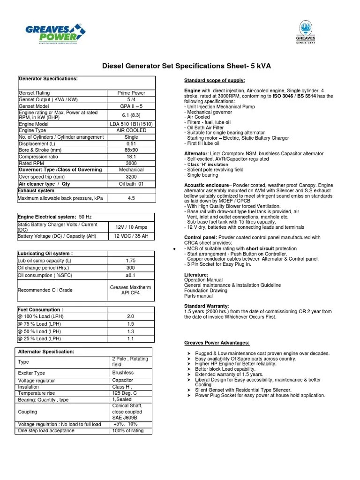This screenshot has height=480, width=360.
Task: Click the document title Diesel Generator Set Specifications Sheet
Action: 186,66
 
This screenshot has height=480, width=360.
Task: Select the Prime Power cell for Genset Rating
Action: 131,93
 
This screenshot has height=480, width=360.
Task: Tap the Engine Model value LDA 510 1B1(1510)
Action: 131,124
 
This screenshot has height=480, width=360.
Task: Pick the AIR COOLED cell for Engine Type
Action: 131,130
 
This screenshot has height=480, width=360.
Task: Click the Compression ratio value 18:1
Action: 131,157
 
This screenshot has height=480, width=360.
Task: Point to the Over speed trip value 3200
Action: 131,177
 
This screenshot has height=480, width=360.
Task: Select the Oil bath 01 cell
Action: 131,184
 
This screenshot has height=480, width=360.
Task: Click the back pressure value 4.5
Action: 131,198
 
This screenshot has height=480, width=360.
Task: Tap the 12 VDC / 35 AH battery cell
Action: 131,236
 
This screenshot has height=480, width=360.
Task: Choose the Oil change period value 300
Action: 131,268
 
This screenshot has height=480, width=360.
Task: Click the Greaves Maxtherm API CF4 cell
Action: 131,290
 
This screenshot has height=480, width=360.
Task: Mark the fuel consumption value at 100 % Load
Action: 131,317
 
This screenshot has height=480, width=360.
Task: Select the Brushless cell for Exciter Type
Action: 123,373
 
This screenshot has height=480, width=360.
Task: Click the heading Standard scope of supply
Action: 214,80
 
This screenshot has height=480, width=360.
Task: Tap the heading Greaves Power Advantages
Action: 217,343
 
